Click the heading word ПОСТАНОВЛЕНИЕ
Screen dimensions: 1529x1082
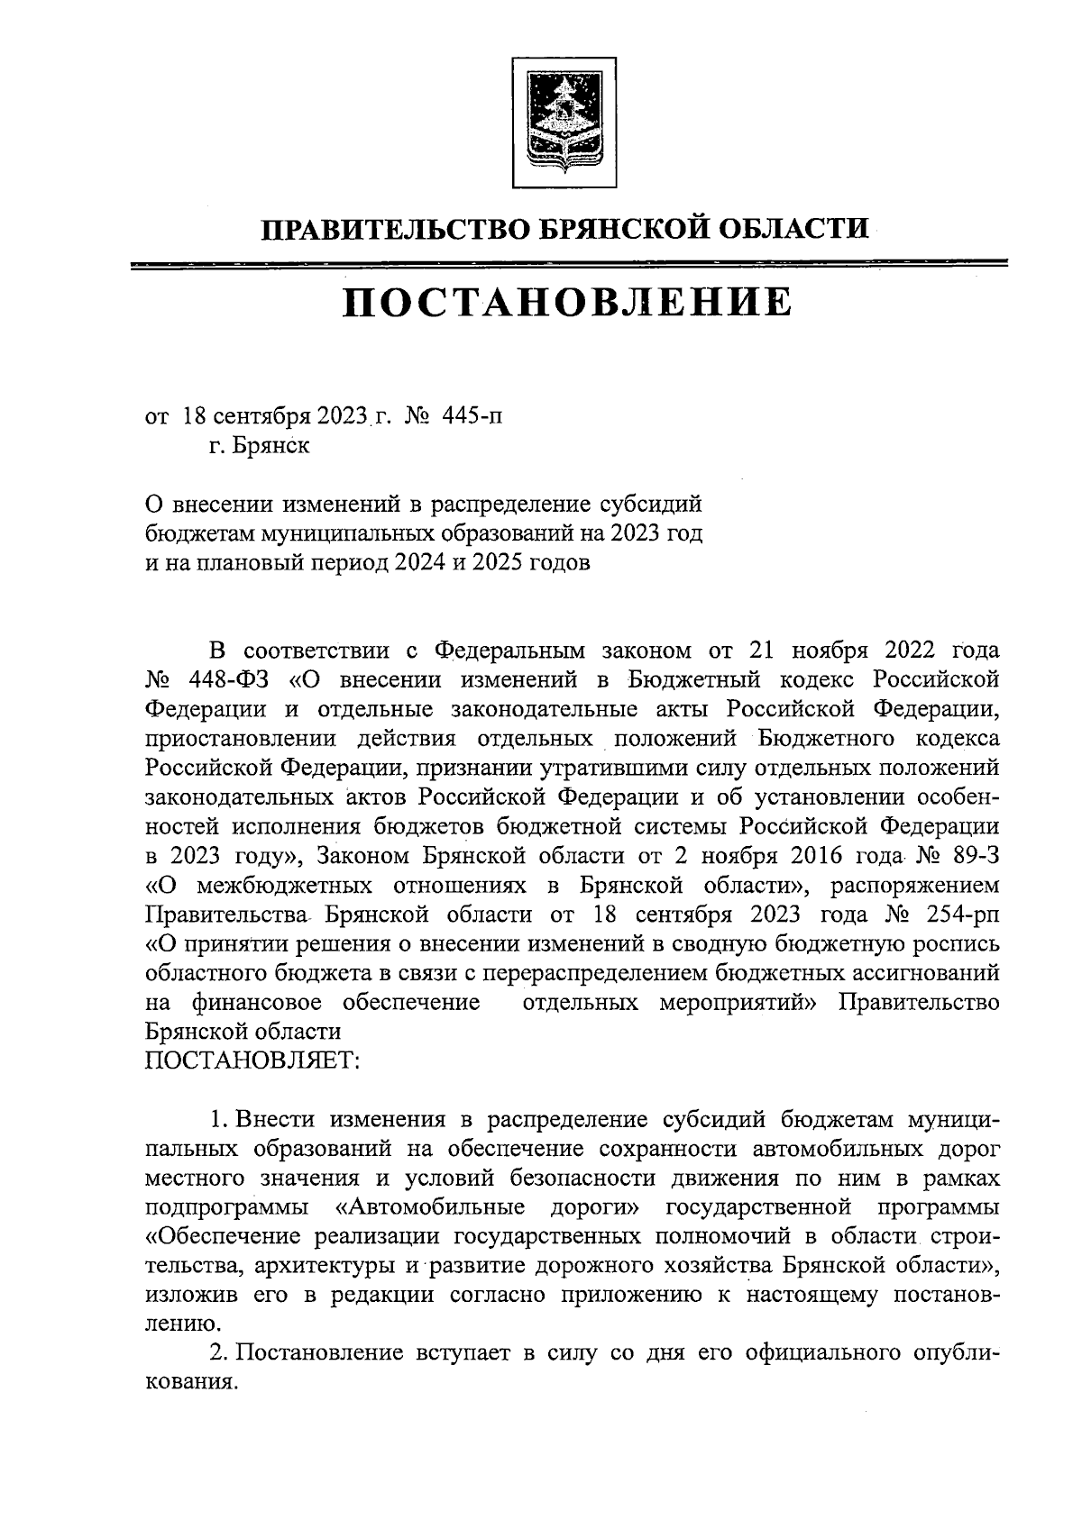tap(567, 303)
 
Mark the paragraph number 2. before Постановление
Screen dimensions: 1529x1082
tap(218, 1354)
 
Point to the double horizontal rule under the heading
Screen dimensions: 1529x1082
tap(567, 265)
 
